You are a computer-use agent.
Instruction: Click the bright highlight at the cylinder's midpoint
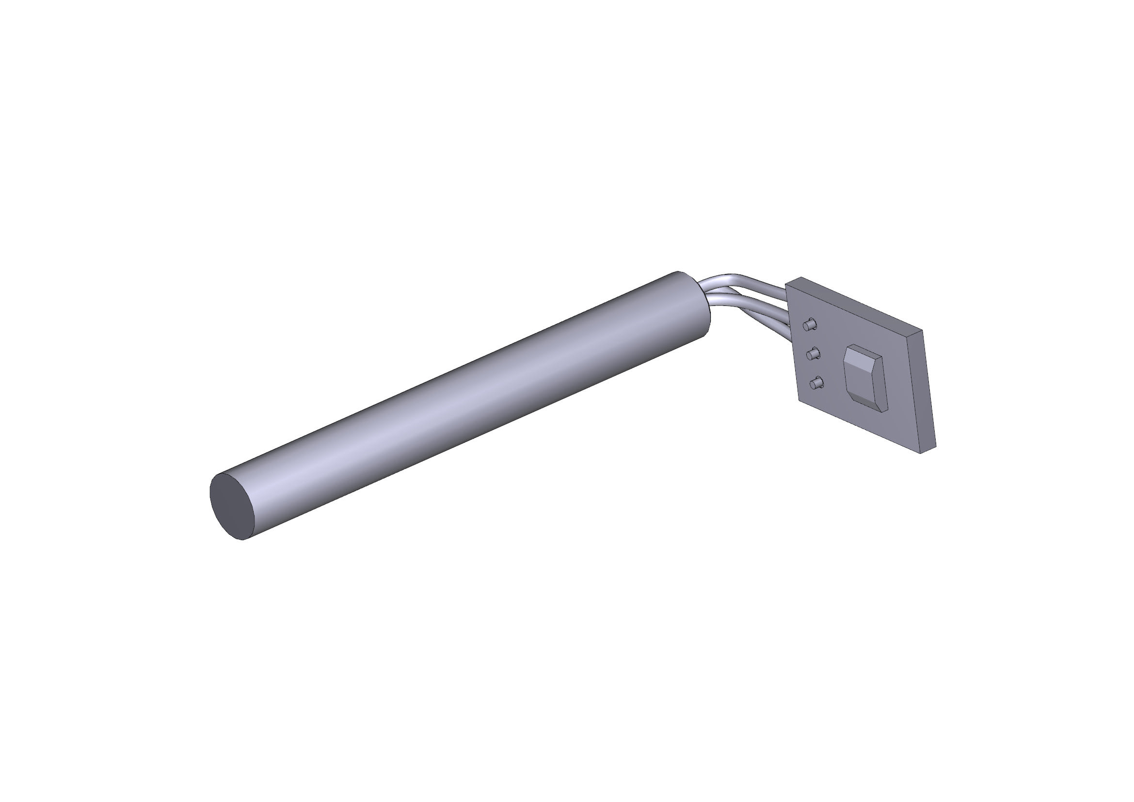(459, 395)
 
